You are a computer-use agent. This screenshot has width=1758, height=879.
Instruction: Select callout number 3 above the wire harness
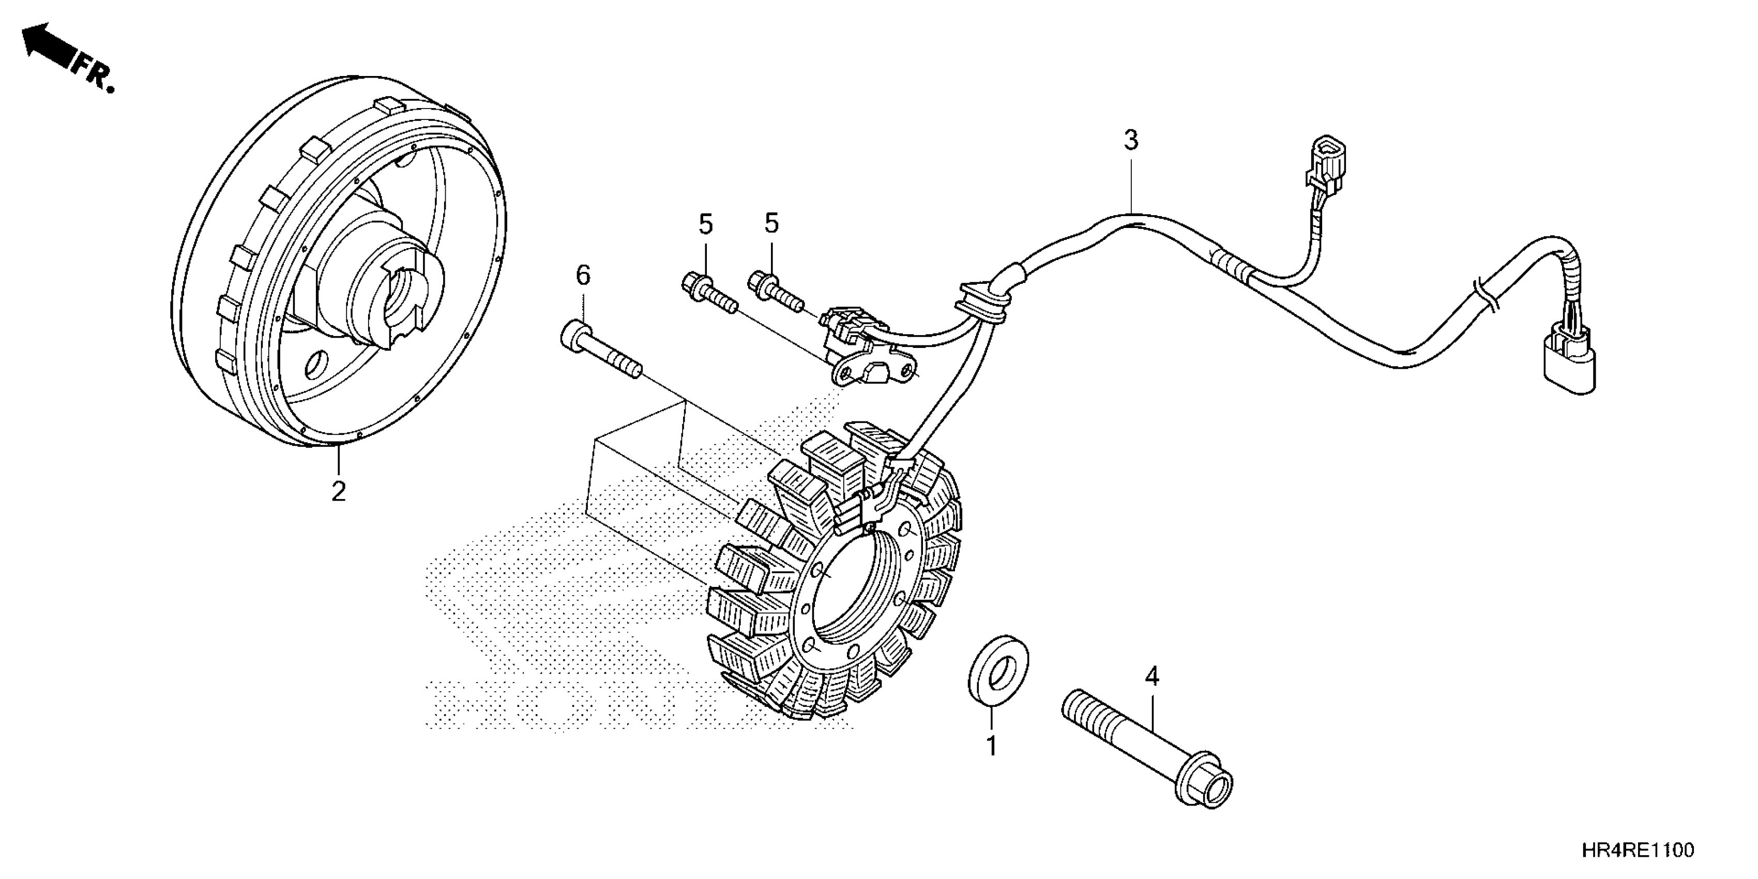coord(1131,141)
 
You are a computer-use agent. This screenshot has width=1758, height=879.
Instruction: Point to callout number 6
coord(583,276)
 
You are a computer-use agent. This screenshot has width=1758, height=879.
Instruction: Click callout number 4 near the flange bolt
coord(1151,676)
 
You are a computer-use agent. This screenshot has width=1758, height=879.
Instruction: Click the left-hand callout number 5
coord(706,224)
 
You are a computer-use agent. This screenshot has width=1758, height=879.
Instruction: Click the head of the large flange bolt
coord(1207,786)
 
